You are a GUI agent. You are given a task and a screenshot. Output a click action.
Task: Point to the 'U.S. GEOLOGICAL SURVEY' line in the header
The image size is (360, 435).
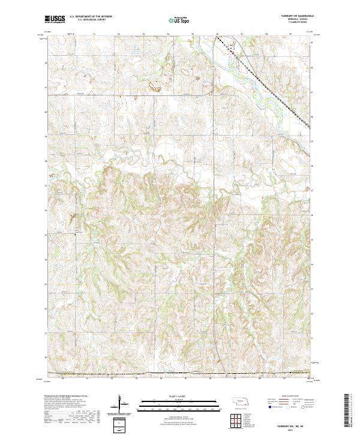(x=88, y=20)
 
